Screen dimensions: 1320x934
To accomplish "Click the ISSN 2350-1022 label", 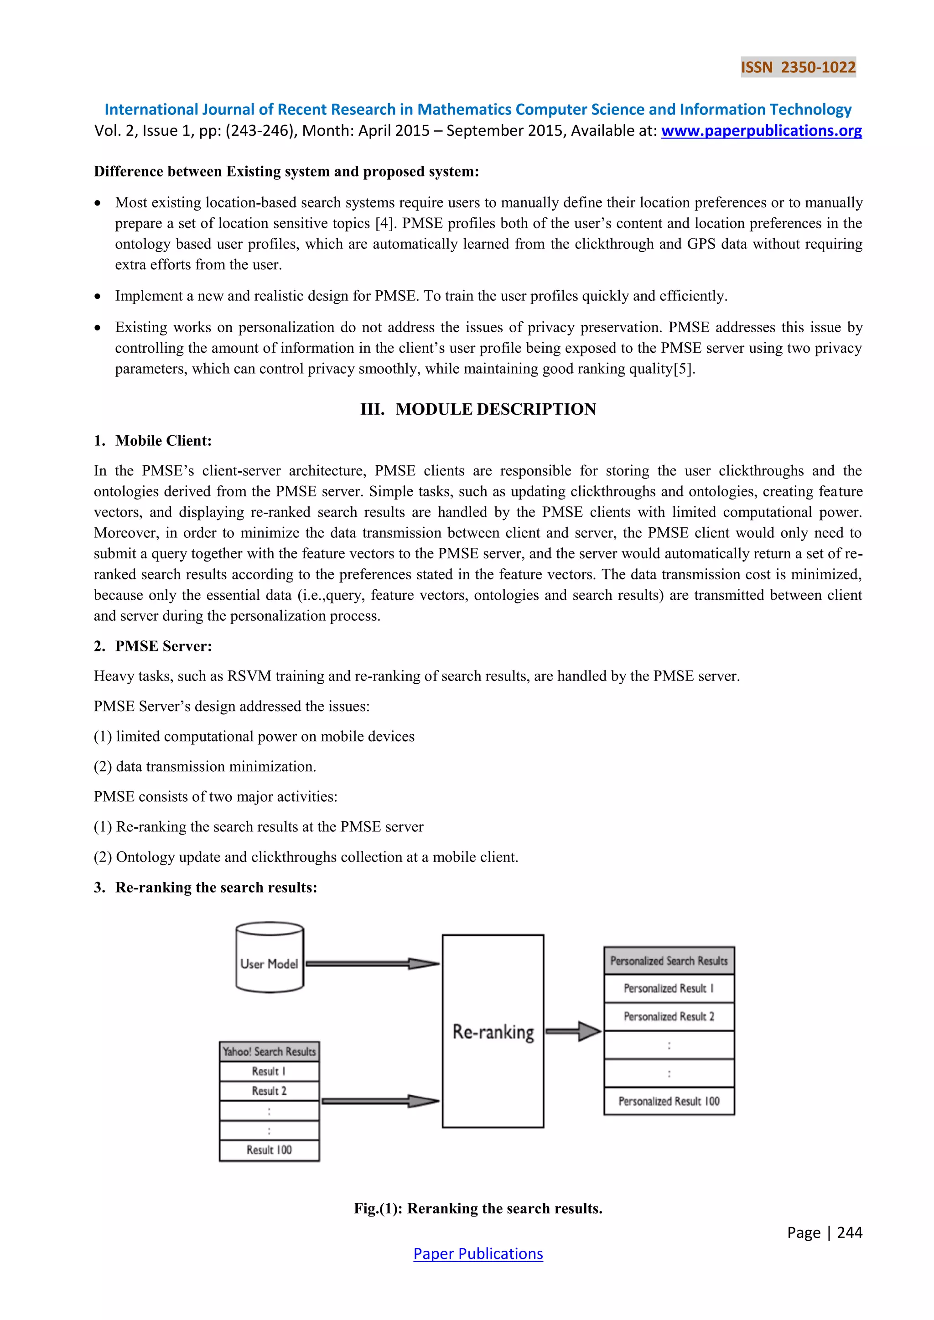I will pyautogui.click(x=798, y=67).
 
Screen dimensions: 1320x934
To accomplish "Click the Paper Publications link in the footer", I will pyautogui.click(x=478, y=1253).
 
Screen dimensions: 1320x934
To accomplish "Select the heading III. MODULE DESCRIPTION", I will pyautogui.click(x=478, y=409).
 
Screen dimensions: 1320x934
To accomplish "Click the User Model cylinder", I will pyautogui.click(x=269, y=957).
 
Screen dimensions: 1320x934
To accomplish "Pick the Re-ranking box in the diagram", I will pyautogui.click(x=493, y=1031).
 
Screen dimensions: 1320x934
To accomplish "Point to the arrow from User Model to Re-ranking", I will pyautogui.click(x=372, y=964).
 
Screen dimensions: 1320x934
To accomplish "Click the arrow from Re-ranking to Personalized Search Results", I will pyautogui.click(x=573, y=1031).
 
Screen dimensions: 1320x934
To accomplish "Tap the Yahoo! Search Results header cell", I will pyautogui.click(x=269, y=1052).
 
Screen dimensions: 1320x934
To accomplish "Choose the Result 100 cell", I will pyautogui.click(x=269, y=1150).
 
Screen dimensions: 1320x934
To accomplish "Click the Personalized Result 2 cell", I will pyautogui.click(x=669, y=1016).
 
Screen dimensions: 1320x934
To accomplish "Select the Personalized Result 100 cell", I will pyautogui.click(x=669, y=1101).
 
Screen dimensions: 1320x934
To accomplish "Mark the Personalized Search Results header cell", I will pyautogui.click(x=669, y=961).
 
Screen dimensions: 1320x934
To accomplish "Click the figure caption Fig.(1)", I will pyautogui.click(x=478, y=1208).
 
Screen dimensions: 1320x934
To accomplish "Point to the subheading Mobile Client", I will pyautogui.click(x=163, y=440).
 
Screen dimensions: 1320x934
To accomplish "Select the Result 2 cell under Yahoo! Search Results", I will pyautogui.click(x=269, y=1091).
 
